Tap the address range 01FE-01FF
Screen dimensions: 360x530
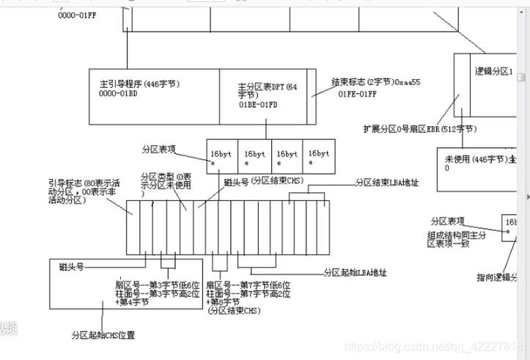pyautogui.click(x=357, y=95)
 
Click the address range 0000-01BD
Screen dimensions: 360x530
pyautogui.click(x=118, y=94)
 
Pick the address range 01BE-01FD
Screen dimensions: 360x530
pyautogui.click(x=259, y=106)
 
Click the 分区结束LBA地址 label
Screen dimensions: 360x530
pyautogui.click(x=387, y=182)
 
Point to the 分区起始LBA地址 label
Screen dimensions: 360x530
pyautogui.click(x=356, y=272)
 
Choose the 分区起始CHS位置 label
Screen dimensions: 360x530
pyautogui.click(x=103, y=335)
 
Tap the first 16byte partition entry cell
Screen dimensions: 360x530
pyautogui.click(x=222, y=157)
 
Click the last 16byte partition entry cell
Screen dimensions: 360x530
pyautogui.click(x=320, y=157)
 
